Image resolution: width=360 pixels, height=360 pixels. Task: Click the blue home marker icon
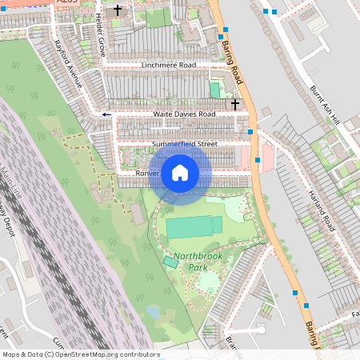point(180,172)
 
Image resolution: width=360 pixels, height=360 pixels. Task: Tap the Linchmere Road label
point(167,65)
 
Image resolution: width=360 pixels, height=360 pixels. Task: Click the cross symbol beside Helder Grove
point(118,10)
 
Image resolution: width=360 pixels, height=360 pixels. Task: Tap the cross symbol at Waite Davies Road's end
point(235,104)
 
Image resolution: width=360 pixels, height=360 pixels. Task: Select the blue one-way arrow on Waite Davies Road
point(106,115)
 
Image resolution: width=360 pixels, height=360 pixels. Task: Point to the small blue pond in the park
point(152,311)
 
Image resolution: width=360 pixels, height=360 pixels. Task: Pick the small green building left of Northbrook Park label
point(170,262)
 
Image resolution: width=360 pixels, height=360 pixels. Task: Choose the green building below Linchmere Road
point(214,90)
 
